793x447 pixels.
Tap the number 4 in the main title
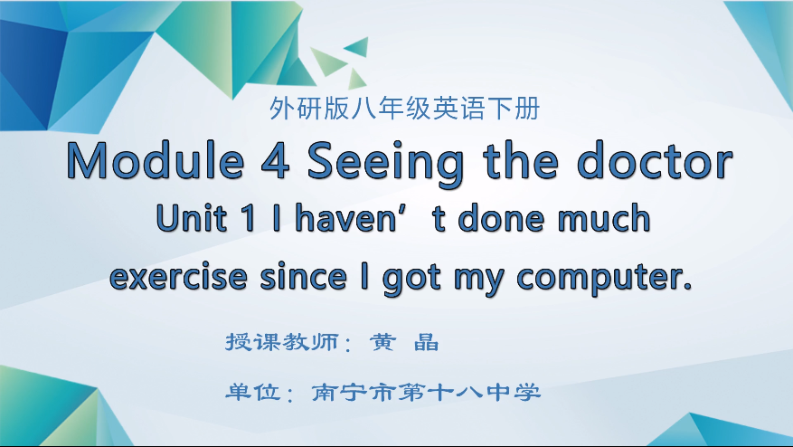coord(274,162)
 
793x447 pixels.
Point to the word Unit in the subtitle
coord(190,219)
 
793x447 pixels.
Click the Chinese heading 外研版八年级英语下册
coord(404,109)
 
